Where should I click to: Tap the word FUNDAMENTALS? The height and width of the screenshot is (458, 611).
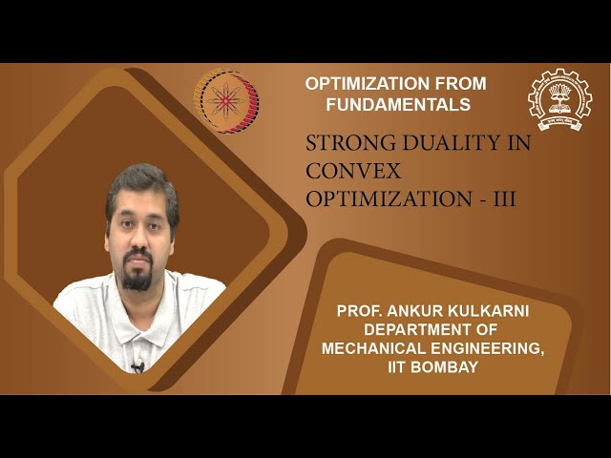388,103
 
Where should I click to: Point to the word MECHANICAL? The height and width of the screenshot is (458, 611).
379,348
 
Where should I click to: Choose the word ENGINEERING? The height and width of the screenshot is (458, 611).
492,348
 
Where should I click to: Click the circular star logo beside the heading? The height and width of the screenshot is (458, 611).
226,101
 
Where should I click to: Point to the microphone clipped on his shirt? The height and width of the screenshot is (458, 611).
137,365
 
